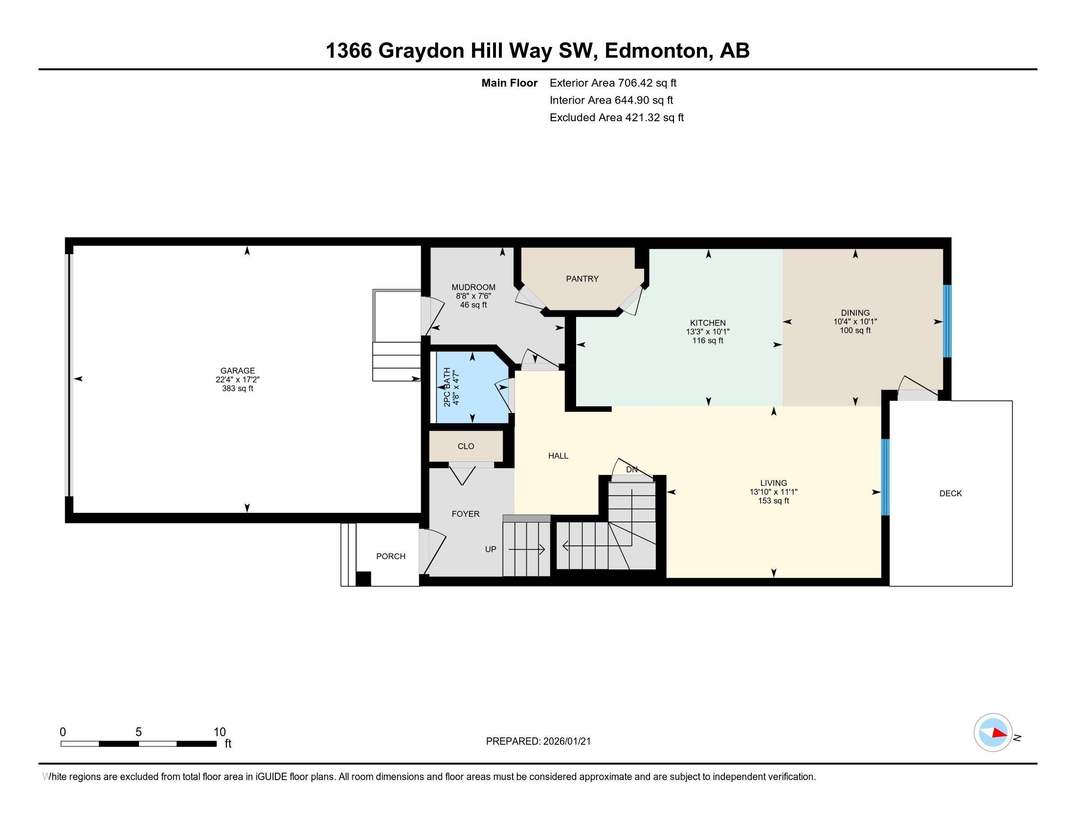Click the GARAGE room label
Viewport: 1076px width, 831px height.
238,371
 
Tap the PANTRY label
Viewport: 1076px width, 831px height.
582,279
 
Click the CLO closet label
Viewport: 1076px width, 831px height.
466,446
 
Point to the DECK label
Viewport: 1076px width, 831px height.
950,493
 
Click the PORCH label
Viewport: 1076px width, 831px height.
391,556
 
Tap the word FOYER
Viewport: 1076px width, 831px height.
465,514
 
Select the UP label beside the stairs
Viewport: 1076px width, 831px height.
490,549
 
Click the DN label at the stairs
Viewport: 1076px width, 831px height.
631,470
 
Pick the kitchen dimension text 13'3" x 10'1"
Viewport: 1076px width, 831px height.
708,332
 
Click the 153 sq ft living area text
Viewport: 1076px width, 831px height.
774,501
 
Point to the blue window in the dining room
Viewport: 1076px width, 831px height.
947,321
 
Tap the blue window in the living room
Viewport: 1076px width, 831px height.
885,477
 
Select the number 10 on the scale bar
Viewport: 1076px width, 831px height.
219,732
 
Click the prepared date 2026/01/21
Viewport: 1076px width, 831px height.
566,742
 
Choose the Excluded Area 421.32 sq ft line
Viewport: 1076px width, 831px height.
616,118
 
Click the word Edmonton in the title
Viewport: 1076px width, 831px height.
659,51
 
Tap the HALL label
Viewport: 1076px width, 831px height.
558,456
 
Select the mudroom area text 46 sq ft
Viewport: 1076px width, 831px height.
473,305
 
